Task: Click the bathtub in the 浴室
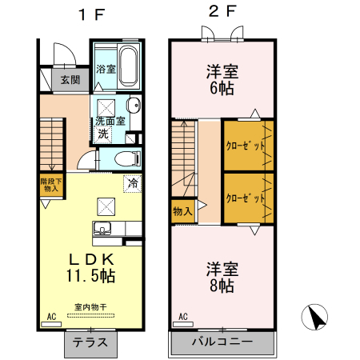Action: (128, 66)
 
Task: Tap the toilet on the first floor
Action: (128, 158)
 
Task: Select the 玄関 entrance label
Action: (70, 79)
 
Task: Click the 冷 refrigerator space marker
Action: (133, 183)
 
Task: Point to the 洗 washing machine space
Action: (103, 134)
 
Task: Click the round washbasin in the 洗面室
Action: (134, 105)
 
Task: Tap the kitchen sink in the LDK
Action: (102, 229)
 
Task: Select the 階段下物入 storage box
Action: (51, 186)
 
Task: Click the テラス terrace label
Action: (90, 342)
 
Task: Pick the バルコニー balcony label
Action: (222, 342)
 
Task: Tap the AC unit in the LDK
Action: (51, 324)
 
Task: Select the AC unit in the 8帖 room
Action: (183, 324)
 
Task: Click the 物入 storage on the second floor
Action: (183, 211)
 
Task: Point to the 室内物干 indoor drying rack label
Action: (90, 307)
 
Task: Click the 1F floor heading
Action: (92, 14)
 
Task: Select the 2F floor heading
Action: (222, 11)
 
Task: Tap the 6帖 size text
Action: (222, 88)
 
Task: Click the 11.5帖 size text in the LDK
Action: (90, 275)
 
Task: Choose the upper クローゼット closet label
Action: (246, 146)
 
